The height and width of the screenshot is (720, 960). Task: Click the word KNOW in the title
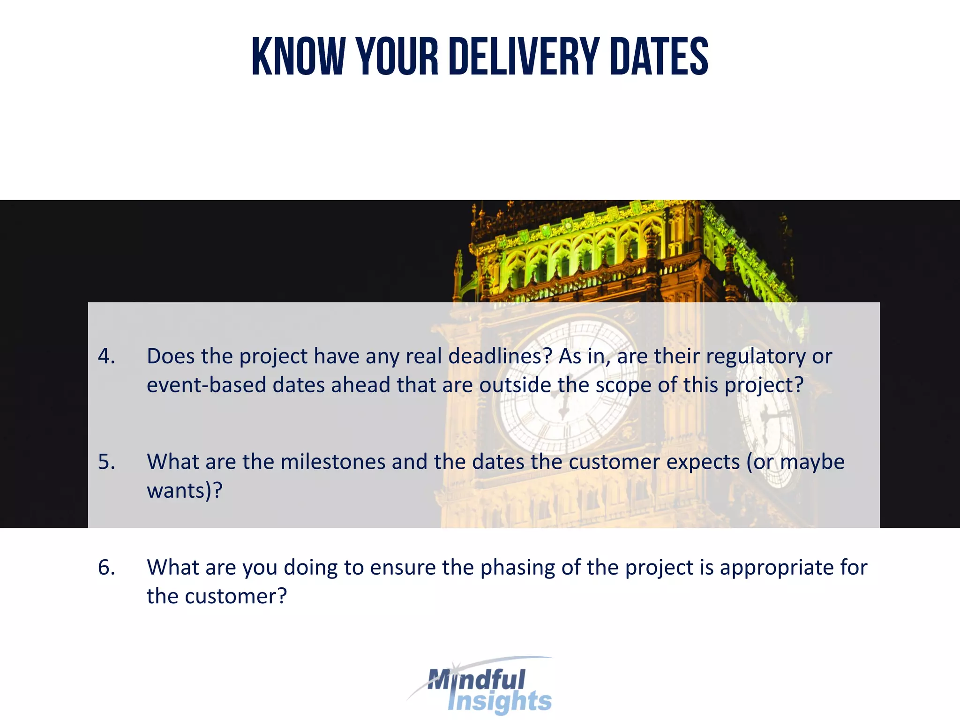298,57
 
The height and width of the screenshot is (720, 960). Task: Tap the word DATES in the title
659,57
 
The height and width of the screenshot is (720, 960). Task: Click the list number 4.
106,356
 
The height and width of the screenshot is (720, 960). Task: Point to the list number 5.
106,462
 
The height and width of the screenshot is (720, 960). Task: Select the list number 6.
106,567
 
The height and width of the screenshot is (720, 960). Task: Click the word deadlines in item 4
500,356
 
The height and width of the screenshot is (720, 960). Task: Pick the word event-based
206,385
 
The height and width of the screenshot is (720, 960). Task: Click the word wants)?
184,491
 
